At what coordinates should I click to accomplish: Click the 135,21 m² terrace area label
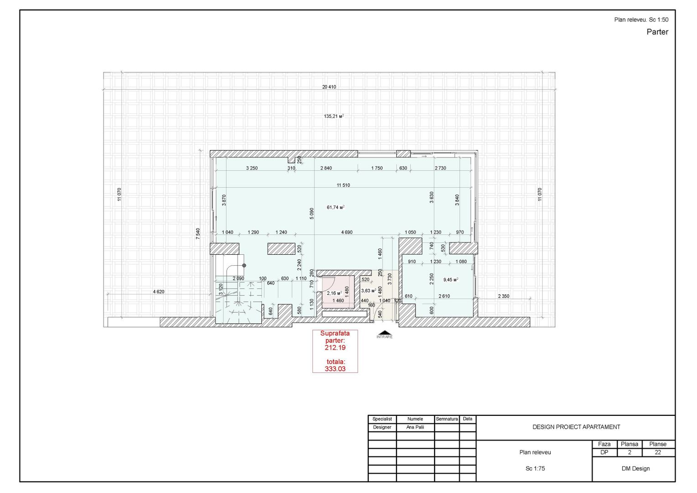point(333,116)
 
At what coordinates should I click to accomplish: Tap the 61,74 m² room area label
point(335,207)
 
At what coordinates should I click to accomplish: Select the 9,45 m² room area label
point(450,280)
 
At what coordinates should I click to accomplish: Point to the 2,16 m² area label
point(334,294)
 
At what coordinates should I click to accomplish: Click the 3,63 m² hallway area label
point(368,290)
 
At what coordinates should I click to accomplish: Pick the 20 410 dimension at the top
point(329,87)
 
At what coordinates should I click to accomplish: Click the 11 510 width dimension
point(343,185)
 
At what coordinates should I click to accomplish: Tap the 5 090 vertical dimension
point(312,214)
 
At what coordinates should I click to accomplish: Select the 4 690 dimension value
point(347,232)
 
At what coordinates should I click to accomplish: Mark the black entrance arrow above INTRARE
point(384,332)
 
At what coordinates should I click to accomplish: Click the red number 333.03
point(335,369)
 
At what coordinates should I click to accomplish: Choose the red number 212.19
point(335,347)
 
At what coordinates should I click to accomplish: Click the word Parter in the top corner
point(657,32)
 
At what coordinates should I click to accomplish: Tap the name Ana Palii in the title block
point(415,427)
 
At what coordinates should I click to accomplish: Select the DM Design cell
point(635,468)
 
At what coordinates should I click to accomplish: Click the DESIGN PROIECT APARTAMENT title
point(576,427)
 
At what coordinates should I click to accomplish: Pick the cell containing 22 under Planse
point(658,452)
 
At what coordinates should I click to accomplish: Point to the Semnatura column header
point(447,419)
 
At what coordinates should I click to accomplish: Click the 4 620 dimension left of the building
point(158,292)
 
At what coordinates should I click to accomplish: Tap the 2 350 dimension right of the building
point(503,296)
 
